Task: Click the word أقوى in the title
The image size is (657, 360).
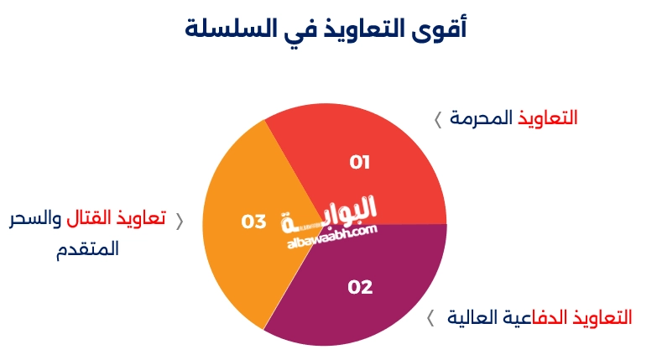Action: point(441,29)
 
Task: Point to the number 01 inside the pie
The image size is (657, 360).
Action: point(359,162)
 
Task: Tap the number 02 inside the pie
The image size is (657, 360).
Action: point(359,287)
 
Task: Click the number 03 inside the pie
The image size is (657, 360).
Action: point(253,222)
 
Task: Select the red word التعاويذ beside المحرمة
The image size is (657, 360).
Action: point(547,117)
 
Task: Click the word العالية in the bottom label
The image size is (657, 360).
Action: point(473,318)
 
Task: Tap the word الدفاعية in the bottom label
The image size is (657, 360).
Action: point(535,318)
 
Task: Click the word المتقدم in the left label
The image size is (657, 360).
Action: point(89,249)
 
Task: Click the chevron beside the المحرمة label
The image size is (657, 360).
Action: point(437,119)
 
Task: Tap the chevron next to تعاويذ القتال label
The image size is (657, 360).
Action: point(178,222)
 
